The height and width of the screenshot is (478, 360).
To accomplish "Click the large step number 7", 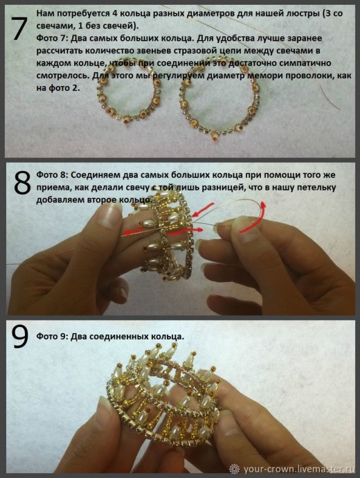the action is (x=19, y=28).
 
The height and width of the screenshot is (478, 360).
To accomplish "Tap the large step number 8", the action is (x=22, y=182).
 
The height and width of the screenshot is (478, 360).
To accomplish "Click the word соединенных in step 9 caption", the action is (x=118, y=337).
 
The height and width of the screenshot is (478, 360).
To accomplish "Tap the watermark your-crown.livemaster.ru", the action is (x=298, y=468).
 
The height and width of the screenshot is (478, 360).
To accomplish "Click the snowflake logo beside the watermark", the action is (x=235, y=468).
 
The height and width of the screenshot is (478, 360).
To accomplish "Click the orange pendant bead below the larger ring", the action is (x=213, y=140).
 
